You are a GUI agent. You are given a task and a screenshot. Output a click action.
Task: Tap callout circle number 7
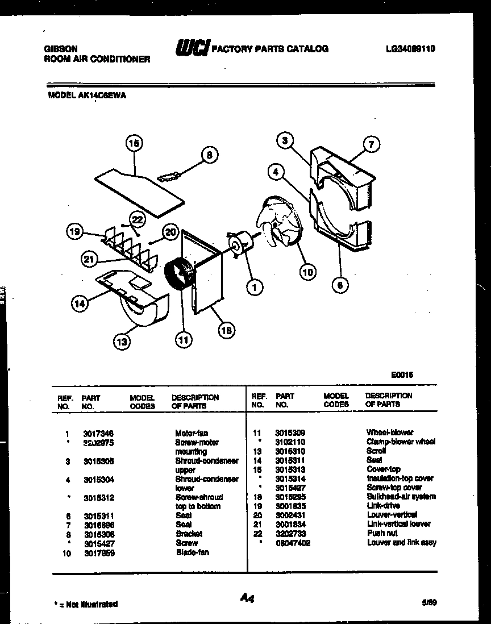371,144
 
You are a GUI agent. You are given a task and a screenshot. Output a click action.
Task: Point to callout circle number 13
122,342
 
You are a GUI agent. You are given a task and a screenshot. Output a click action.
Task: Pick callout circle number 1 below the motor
255,288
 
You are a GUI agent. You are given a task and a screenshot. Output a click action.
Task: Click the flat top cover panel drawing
139,191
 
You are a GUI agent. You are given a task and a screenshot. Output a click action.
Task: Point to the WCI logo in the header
192,48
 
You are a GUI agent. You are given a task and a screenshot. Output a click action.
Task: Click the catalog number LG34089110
409,49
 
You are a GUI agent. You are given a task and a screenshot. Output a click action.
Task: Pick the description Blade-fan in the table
192,552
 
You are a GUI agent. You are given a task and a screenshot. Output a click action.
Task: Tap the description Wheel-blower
389,432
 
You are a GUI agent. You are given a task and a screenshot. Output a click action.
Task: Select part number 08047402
293,543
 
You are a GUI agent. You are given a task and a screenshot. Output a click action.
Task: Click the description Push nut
382,533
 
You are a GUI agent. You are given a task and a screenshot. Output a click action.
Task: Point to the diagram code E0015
402,375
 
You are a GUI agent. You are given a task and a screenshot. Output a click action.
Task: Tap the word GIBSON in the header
61,49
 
